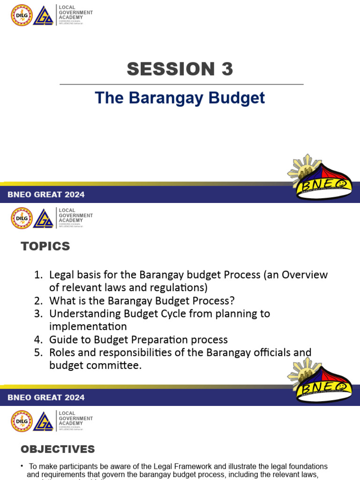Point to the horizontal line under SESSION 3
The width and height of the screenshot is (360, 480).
click(x=181, y=84)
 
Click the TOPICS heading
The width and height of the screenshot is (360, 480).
click(x=45, y=246)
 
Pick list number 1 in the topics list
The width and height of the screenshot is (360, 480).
click(x=38, y=275)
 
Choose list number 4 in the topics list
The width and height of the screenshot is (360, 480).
click(x=38, y=340)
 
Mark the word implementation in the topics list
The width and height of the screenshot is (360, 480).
click(x=88, y=327)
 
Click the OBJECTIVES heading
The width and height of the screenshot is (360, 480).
click(x=58, y=450)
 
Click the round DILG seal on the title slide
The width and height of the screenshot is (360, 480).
click(x=22, y=15)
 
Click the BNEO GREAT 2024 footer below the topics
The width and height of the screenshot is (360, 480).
click(x=46, y=397)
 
